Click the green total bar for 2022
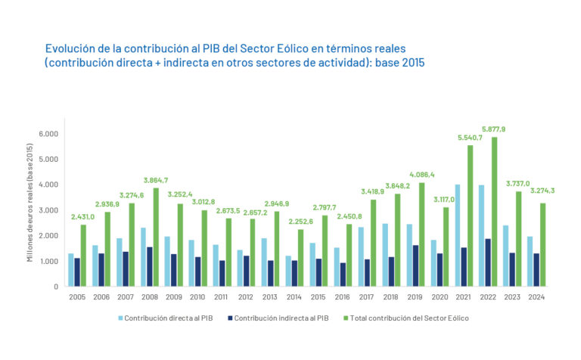tap(494, 212)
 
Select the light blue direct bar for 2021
tap(458, 235)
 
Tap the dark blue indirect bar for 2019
tap(416, 265)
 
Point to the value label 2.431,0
tap(84, 217)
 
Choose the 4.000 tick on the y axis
tap(48, 185)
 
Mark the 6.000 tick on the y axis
tap(48, 134)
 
